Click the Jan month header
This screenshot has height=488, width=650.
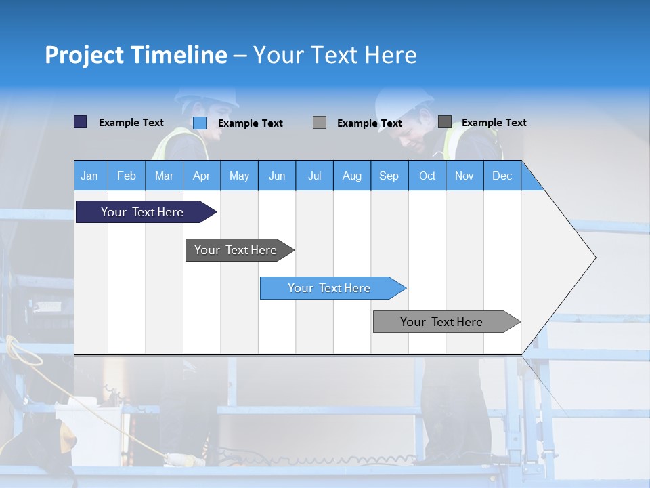89,176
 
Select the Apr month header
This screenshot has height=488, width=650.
201,176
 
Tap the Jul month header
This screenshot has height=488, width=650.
314,176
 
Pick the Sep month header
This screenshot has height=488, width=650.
389,176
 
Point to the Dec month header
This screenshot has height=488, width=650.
502,176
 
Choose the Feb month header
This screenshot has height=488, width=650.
127,176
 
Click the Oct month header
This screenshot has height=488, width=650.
427,176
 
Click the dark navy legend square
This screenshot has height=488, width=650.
80,122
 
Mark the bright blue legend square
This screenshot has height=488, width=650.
199,123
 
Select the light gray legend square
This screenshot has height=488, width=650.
320,123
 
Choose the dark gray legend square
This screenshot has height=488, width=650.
444,122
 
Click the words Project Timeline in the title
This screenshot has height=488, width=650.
136,55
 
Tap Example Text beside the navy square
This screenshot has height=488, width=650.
131,123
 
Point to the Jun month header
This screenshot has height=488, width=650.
277,176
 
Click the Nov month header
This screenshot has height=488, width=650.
464,176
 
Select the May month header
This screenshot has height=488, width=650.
239,176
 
